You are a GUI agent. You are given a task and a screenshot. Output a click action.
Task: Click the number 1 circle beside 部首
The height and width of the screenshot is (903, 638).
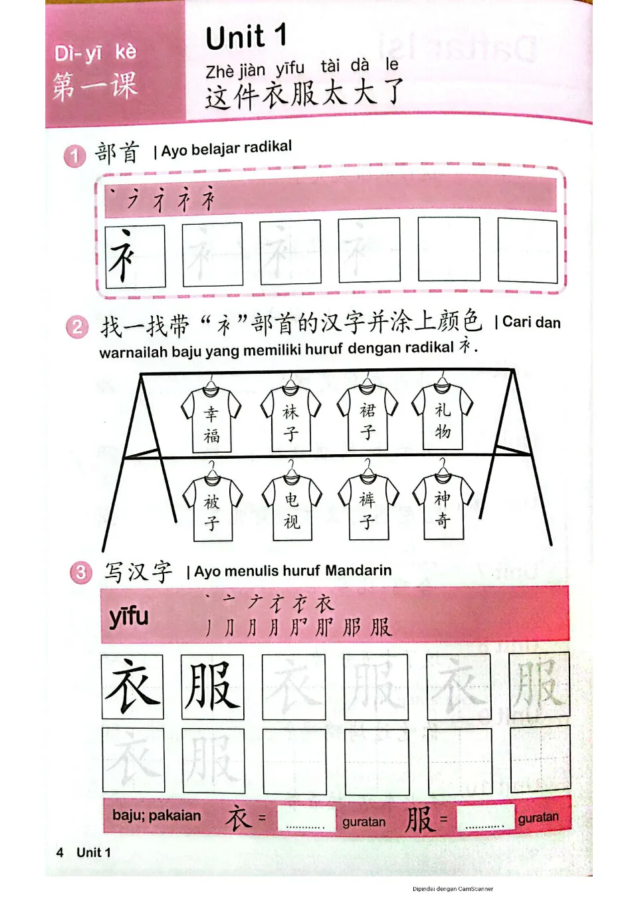click(75, 156)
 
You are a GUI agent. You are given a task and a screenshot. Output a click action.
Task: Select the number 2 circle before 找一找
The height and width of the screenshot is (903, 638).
click(77, 326)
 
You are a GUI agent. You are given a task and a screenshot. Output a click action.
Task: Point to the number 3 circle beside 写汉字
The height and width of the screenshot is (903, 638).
click(80, 573)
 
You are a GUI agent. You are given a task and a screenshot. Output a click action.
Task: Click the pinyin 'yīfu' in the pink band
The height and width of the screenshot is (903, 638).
click(129, 616)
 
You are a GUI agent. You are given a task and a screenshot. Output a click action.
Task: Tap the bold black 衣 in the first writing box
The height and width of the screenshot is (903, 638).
click(132, 687)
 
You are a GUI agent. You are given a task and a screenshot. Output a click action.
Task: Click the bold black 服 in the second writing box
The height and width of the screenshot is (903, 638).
click(212, 687)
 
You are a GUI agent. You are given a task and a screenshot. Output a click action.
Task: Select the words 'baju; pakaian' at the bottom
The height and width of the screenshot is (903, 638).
click(156, 815)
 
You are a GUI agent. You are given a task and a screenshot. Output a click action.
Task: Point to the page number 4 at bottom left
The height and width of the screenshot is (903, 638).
click(60, 852)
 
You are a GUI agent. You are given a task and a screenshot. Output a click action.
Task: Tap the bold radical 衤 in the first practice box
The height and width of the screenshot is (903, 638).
click(123, 256)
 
